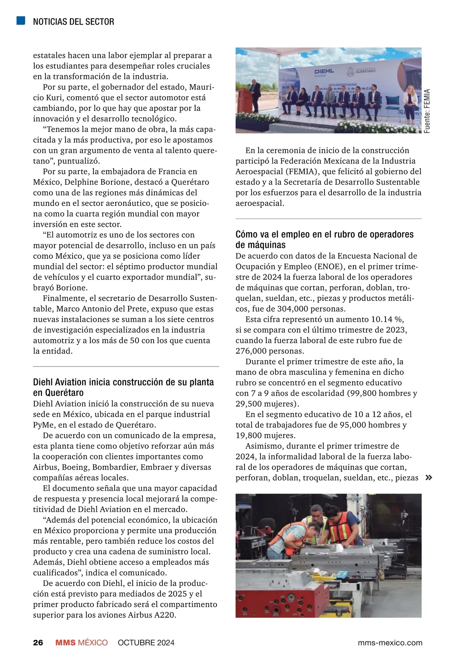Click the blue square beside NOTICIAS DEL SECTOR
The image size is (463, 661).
(21, 20)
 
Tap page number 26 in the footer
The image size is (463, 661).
(38, 642)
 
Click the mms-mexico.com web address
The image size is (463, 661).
(390, 642)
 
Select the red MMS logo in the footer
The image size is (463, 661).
(66, 642)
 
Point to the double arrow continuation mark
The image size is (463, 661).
(428, 478)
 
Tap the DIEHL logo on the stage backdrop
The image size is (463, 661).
(324, 72)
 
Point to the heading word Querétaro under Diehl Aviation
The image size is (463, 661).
(63, 393)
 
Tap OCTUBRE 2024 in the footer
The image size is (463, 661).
(146, 642)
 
